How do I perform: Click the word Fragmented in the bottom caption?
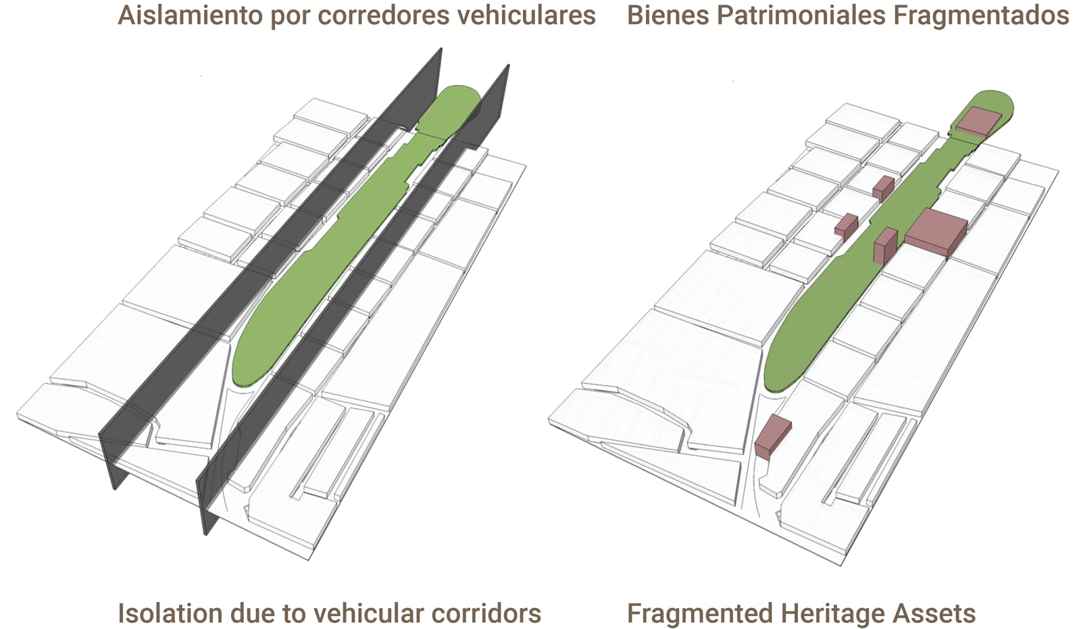click(699, 613)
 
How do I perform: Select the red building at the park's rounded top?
click(978, 121)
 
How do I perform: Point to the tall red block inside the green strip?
click(884, 246)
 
